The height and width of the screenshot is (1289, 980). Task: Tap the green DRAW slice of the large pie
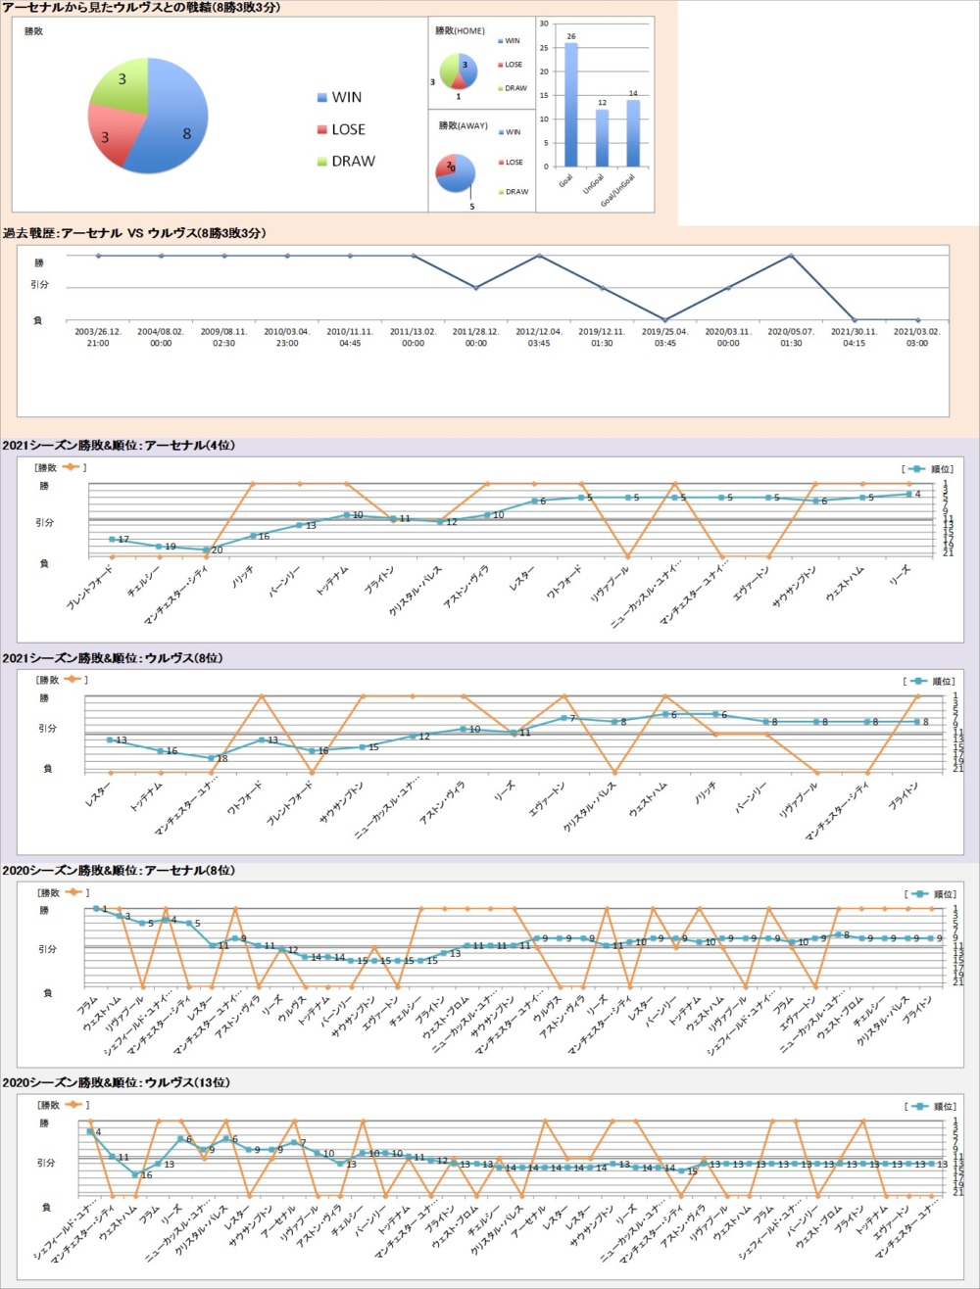click(122, 83)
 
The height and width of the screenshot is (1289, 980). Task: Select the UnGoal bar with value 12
click(602, 137)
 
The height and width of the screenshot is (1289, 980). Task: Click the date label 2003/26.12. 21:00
click(98, 337)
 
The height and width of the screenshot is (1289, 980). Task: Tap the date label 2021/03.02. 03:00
click(916, 337)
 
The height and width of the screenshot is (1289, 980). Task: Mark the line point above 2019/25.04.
click(664, 319)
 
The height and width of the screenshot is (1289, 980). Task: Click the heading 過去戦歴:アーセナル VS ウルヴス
click(134, 233)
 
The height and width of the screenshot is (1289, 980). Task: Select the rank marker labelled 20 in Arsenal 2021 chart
click(206, 549)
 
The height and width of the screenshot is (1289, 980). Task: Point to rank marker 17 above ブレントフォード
click(112, 539)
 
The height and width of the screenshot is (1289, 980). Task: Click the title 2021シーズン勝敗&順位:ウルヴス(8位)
click(113, 658)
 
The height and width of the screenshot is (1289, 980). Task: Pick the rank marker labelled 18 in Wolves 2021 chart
click(211, 757)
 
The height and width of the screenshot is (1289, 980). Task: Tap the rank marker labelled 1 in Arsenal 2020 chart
click(96, 909)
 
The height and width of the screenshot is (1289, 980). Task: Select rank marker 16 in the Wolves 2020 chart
click(136, 1174)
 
